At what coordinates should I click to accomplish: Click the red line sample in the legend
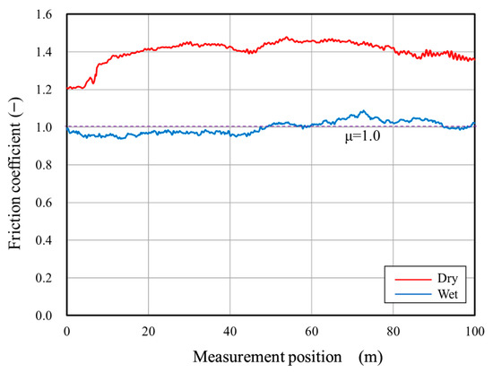[x=409, y=278]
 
